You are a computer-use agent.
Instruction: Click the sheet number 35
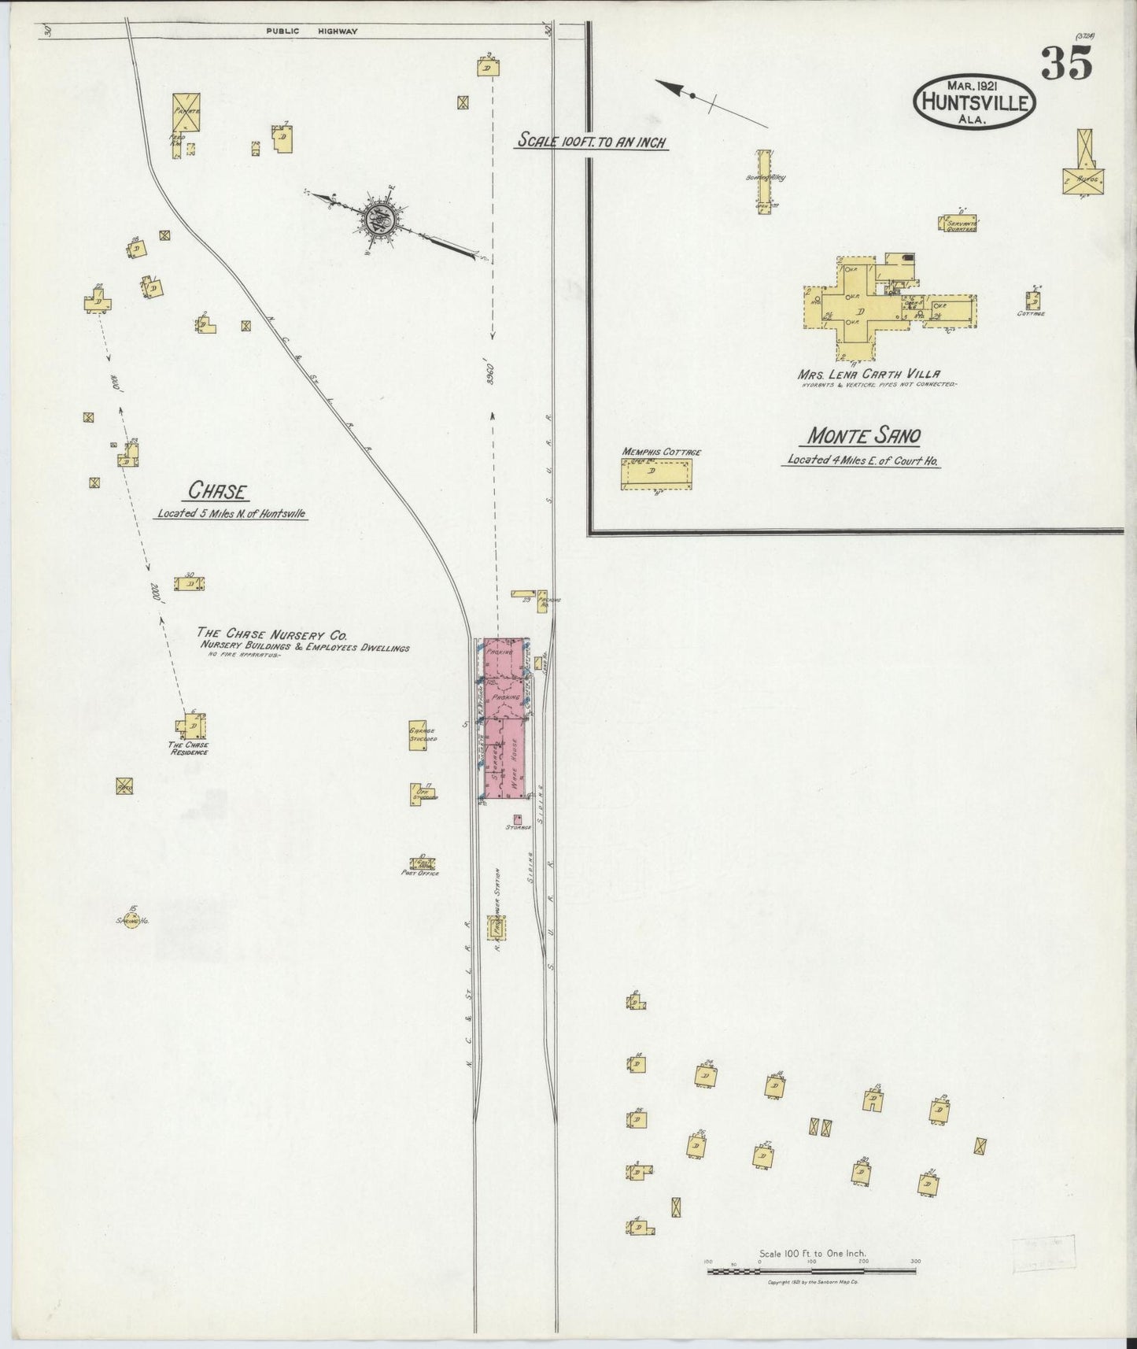coord(1067,62)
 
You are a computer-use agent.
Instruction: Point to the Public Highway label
coord(312,31)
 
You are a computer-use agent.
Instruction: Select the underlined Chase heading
coord(218,492)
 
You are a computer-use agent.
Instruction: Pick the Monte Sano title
coord(864,436)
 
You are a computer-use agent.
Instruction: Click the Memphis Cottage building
coord(656,475)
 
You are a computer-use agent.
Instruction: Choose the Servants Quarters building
coord(958,224)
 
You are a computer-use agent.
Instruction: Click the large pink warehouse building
coord(504,720)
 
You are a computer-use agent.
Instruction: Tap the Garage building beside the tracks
coord(419,735)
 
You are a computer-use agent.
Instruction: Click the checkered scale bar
coord(812,1270)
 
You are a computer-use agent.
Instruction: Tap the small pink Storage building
coord(518,819)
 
